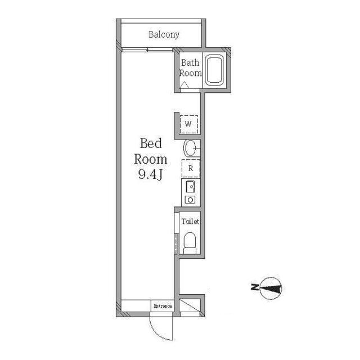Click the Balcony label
tap(164, 35)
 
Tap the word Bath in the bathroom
tap(190, 63)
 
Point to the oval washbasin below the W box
tap(190, 148)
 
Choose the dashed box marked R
tap(191, 168)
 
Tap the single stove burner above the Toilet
tap(190, 200)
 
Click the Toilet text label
tap(190, 222)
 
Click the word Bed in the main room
tap(151, 143)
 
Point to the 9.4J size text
tap(150, 175)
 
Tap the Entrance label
tap(163, 306)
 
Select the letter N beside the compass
tap(254, 289)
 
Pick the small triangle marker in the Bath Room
tap(183, 84)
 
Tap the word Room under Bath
tap(190, 73)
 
